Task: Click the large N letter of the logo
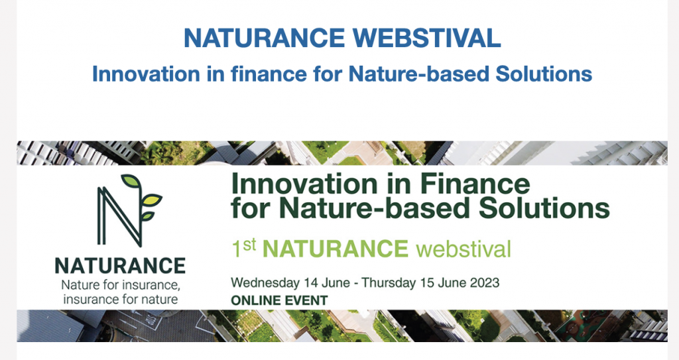tap(119, 213)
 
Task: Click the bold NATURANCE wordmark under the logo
tap(120, 266)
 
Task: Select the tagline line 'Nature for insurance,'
tap(120, 285)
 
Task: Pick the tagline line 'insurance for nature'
tap(120, 300)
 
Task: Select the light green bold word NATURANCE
tap(335, 249)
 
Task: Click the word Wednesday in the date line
tap(259, 282)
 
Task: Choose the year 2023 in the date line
tap(485, 282)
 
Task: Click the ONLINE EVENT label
tap(278, 300)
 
